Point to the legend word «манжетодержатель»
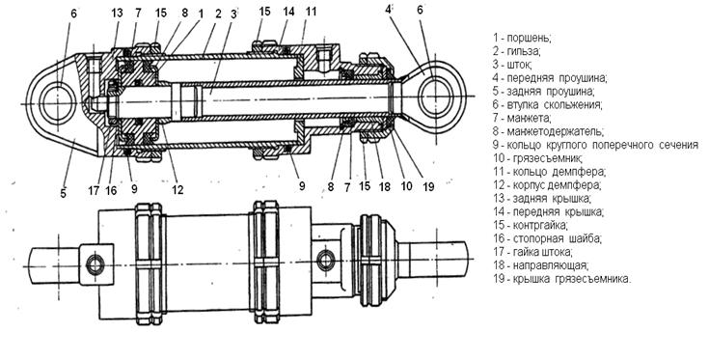555,131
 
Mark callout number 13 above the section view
117,14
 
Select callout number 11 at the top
311,12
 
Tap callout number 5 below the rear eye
63,193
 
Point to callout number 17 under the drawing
94,190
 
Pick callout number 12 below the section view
177,189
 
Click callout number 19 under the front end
427,186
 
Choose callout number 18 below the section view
384,186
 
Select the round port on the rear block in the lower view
95,264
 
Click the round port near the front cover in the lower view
326,260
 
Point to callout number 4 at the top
388,10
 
